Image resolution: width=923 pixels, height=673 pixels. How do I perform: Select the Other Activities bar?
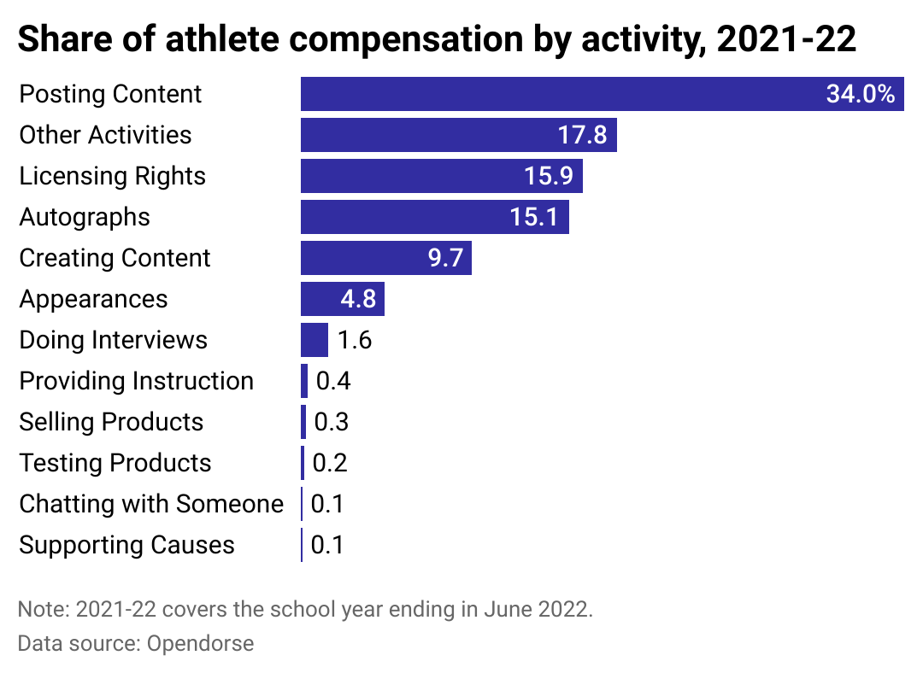pyautogui.click(x=427, y=135)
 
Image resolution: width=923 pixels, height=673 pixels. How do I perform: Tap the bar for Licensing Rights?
pyautogui.click(x=410, y=176)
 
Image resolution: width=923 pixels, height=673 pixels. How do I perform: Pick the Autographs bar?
pyautogui.click(x=402, y=217)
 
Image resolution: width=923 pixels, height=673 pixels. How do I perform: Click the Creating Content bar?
pyautogui.click(x=359, y=258)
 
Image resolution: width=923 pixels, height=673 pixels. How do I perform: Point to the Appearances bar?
pyautogui.click(x=325, y=299)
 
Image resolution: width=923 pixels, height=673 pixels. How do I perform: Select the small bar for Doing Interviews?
pyautogui.click(x=315, y=340)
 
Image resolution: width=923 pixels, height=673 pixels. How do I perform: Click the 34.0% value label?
pyautogui.click(x=860, y=94)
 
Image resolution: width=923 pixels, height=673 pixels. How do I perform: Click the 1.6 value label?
pyautogui.click(x=355, y=340)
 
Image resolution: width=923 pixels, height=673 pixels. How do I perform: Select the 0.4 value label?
pyautogui.click(x=333, y=381)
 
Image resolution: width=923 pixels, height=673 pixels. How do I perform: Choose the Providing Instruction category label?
pyautogui.click(x=137, y=381)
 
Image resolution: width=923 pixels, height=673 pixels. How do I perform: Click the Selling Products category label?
pyautogui.click(x=111, y=422)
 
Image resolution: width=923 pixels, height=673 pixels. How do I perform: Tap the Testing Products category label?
pyautogui.click(x=115, y=463)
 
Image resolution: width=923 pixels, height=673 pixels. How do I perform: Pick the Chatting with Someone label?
pyautogui.click(x=151, y=504)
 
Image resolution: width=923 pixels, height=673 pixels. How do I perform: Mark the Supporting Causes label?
pyautogui.click(x=126, y=545)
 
